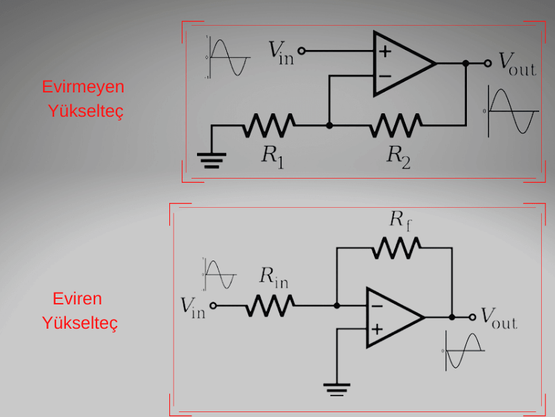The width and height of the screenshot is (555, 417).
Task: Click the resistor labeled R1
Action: point(269,126)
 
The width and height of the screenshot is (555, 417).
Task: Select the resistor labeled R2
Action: point(395,126)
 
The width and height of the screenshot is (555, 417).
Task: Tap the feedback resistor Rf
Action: point(396,247)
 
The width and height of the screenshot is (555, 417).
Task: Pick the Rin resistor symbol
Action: point(270,304)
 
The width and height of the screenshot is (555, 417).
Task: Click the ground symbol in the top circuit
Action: point(211,161)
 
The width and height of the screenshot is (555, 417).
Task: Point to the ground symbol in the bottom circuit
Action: point(336,388)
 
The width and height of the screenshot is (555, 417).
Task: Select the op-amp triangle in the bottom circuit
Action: point(391,317)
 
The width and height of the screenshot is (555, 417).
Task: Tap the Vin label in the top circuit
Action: point(281,52)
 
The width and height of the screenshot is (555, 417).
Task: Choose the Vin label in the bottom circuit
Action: point(193,306)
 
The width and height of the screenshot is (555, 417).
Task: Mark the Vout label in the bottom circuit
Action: point(499,318)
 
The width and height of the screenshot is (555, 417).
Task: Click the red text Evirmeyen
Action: point(83,87)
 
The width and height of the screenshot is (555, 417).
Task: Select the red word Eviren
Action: point(77,299)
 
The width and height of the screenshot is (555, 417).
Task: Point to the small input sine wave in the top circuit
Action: point(228,57)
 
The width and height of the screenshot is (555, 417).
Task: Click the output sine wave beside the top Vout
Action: point(512,111)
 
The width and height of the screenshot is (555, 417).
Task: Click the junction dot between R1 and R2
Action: point(330,126)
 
